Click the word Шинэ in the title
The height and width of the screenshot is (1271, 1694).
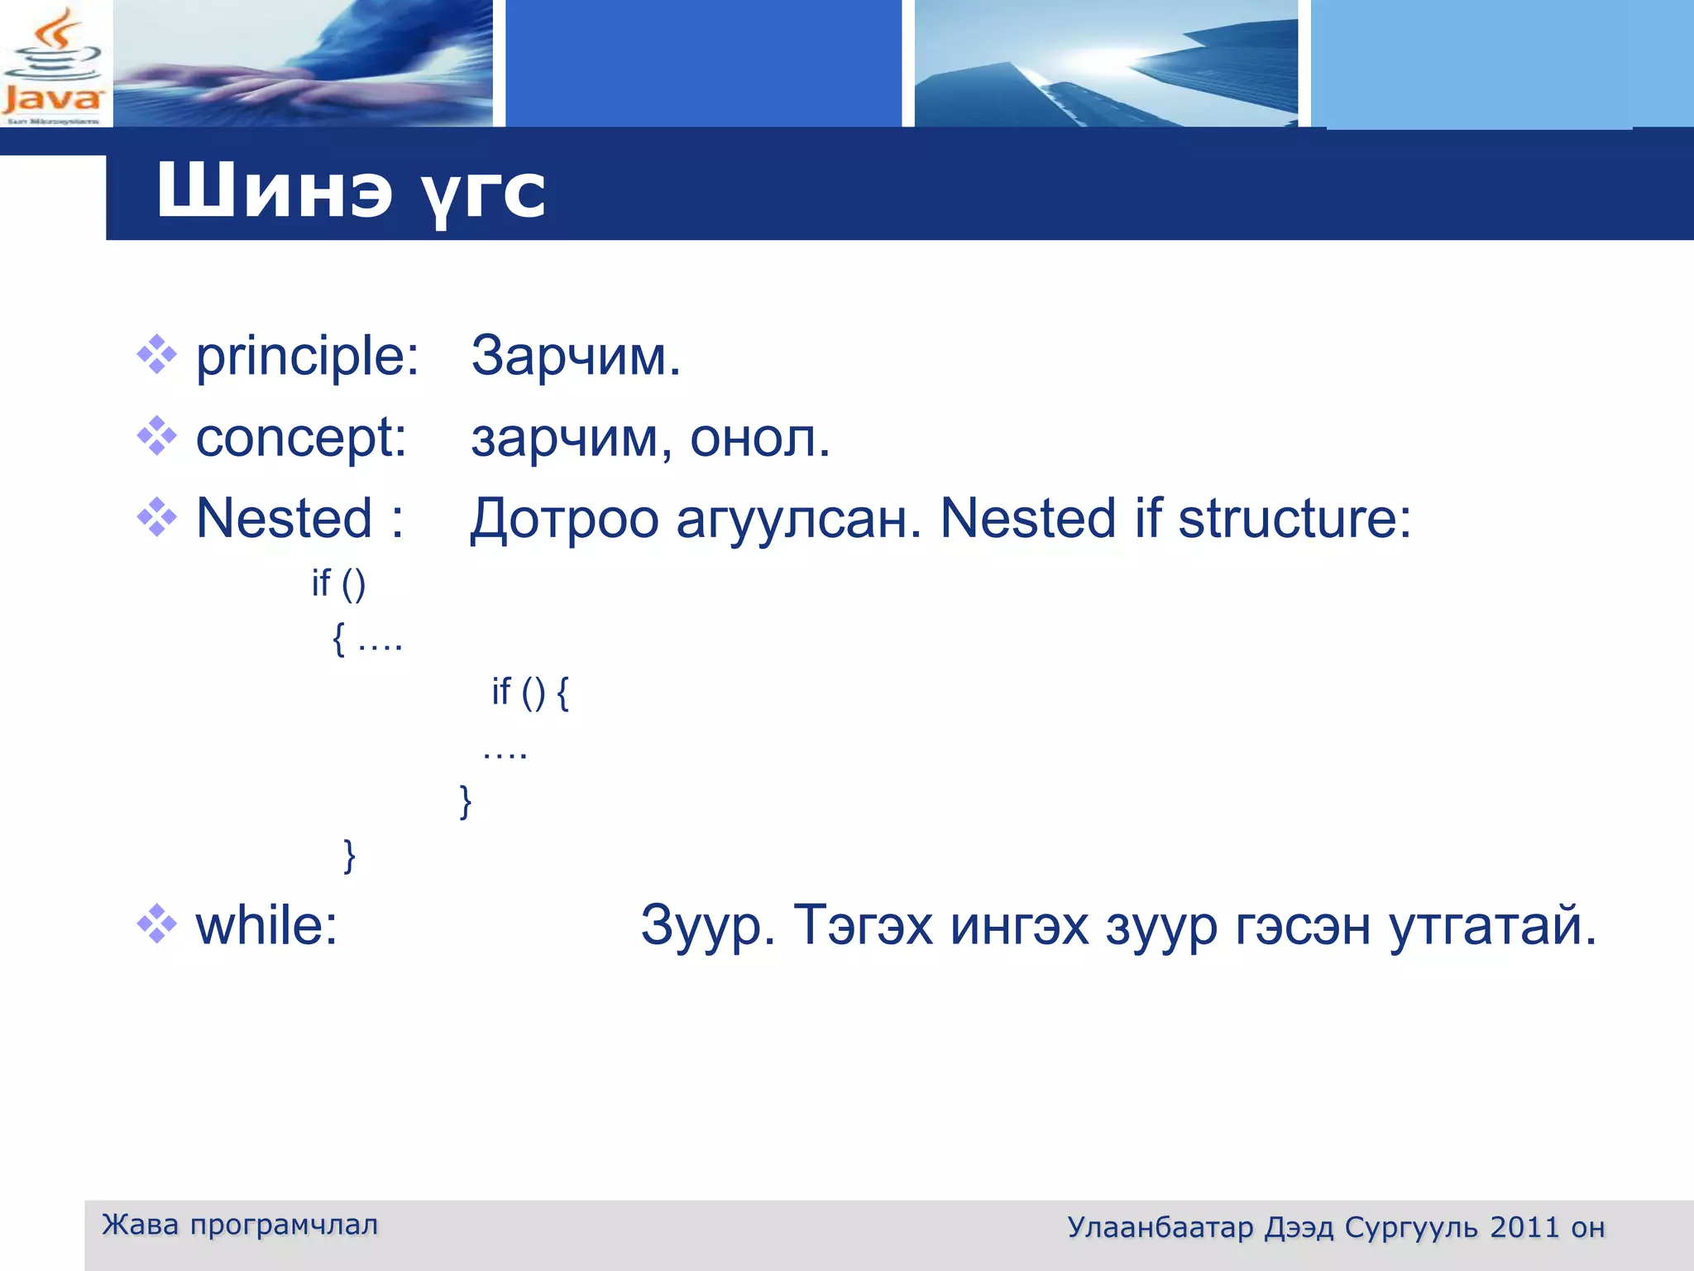(273, 192)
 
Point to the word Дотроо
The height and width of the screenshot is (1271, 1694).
(564, 520)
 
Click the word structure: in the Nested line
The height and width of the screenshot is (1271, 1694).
(1294, 520)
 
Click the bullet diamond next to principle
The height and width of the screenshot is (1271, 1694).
(156, 356)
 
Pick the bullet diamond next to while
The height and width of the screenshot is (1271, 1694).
(156, 924)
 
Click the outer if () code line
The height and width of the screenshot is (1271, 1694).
(338, 583)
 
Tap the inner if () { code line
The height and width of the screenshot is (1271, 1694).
(530, 692)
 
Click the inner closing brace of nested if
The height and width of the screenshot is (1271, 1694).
(466, 801)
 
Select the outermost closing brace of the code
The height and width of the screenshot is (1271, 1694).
(349, 856)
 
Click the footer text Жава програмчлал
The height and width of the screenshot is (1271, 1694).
(240, 1225)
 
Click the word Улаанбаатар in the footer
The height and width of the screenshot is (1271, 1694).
(1160, 1228)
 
